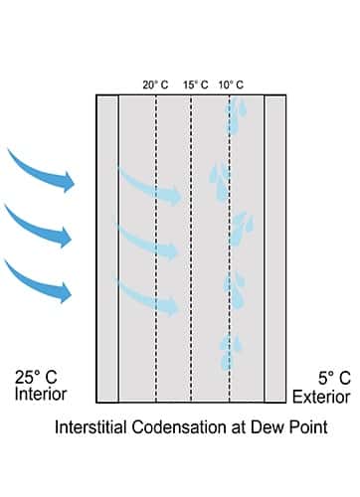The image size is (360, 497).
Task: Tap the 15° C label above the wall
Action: pyautogui.click(x=195, y=84)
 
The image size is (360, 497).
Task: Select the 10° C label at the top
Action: pyautogui.click(x=231, y=84)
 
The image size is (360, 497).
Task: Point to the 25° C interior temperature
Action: pyautogui.click(x=36, y=378)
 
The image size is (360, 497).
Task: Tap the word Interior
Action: pyautogui.click(x=40, y=395)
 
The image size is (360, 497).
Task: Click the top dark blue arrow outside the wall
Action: pyautogui.click(x=42, y=169)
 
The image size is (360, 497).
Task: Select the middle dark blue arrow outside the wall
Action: pyautogui.click(x=42, y=226)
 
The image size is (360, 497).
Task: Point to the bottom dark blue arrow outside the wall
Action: pyautogui.click(x=42, y=280)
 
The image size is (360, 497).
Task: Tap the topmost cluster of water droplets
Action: pyautogui.click(x=234, y=119)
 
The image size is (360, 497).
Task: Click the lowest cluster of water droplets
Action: pyautogui.click(x=232, y=348)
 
